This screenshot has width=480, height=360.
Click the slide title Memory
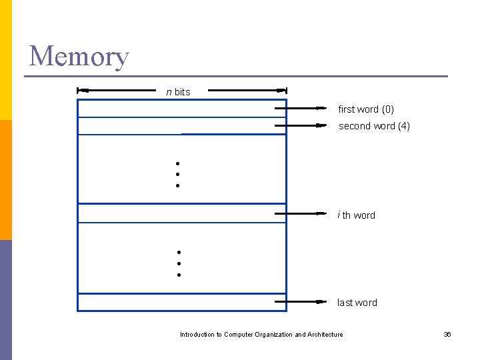tap(79, 57)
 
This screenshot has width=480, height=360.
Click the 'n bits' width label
tap(178, 92)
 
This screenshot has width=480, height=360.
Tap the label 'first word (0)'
tap(366, 109)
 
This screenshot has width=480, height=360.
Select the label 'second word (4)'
tap(374, 126)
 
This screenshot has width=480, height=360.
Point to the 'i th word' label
tap(356, 215)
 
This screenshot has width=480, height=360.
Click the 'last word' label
tap(357, 303)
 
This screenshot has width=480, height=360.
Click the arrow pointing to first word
tap(301, 108)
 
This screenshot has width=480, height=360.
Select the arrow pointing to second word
tap(301, 125)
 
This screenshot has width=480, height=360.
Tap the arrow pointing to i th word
tap(301, 214)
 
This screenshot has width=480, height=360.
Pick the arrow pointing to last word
tap(301, 301)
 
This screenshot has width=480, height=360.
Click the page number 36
tap(447, 335)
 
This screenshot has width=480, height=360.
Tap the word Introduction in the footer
tap(197, 335)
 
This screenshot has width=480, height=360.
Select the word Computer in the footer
tap(239, 335)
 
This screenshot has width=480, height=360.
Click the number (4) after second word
tap(403, 126)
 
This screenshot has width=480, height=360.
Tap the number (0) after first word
tap(387, 109)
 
